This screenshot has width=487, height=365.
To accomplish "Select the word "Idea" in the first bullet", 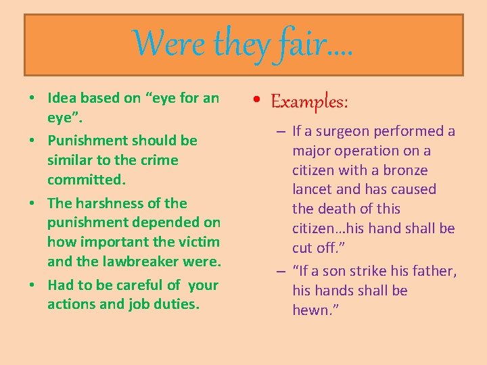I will point(62,98).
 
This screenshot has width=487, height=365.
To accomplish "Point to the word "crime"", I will point(158,160).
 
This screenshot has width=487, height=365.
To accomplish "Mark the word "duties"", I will point(178,304).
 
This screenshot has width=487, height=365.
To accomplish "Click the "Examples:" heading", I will point(310,102).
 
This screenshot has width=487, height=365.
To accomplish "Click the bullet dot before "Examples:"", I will point(260,102).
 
